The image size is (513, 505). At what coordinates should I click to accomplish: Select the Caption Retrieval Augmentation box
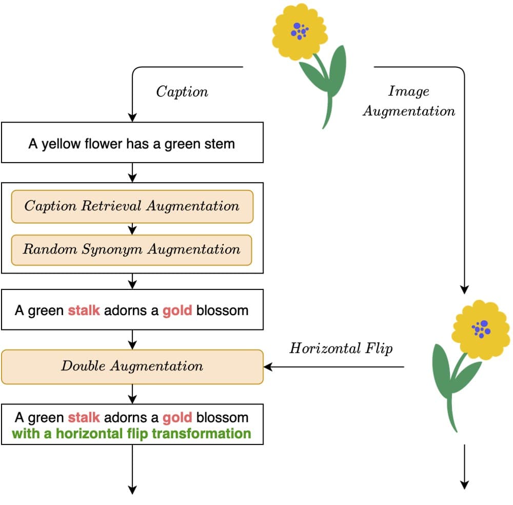click(x=132, y=206)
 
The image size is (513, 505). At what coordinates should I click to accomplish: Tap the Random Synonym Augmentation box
click(x=132, y=250)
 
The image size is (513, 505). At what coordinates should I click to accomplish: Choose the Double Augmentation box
click(x=132, y=366)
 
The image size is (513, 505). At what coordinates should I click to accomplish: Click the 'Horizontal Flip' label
click(x=341, y=348)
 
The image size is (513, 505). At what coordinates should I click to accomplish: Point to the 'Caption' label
click(x=182, y=92)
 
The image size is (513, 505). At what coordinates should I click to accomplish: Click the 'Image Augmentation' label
click(x=409, y=101)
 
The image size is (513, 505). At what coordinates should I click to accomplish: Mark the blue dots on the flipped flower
click(x=481, y=328)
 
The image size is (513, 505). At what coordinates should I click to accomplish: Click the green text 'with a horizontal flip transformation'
click(x=131, y=434)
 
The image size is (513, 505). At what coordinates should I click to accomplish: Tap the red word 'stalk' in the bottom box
click(x=84, y=417)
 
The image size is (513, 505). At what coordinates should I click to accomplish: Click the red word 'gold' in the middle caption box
click(x=177, y=310)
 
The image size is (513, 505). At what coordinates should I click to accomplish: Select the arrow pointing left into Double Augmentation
click(x=333, y=366)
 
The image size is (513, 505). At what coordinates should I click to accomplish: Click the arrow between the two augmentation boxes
click(x=132, y=229)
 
